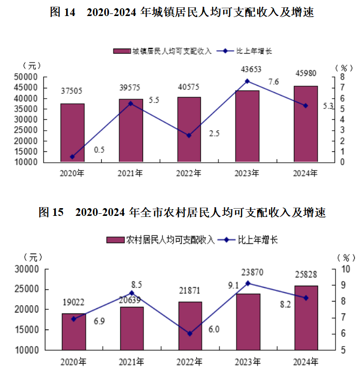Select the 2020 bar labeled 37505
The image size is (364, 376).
pyautogui.click(x=72, y=133)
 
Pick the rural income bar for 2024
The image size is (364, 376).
pyautogui.click(x=306, y=318)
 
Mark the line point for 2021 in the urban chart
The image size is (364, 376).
pyautogui.click(x=131, y=103)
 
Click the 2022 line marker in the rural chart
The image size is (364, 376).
pyautogui.click(x=189, y=334)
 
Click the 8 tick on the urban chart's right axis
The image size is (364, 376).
pyautogui.click(x=340, y=77)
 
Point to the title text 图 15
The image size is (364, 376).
pyautogui.click(x=51, y=212)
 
